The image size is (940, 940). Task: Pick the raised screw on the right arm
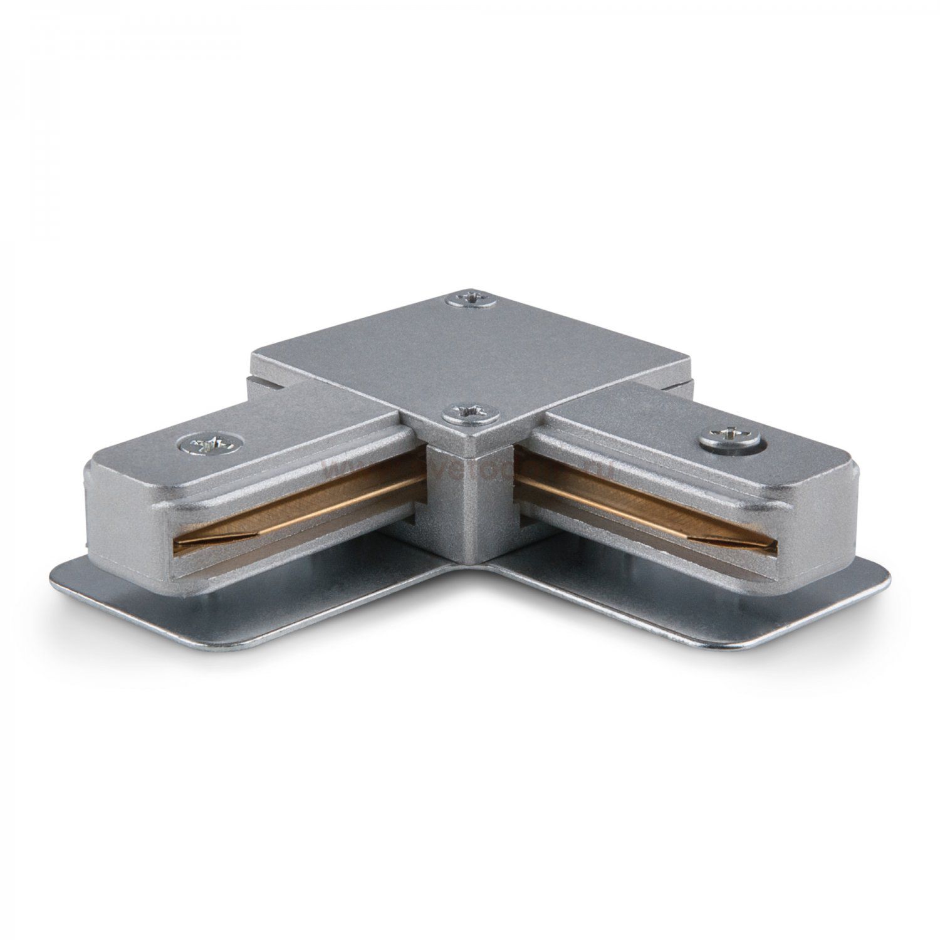tap(728, 436)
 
